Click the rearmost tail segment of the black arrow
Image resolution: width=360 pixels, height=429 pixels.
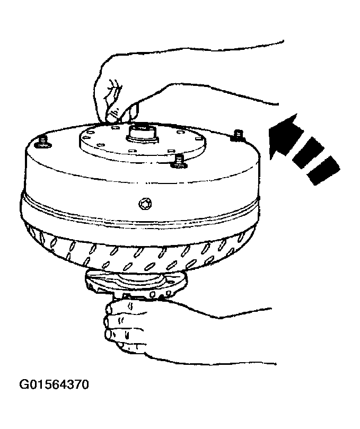(323, 171)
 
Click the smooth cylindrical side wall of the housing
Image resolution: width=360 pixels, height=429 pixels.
(95, 180)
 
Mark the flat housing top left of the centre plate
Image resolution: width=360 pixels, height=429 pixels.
(58, 146)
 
